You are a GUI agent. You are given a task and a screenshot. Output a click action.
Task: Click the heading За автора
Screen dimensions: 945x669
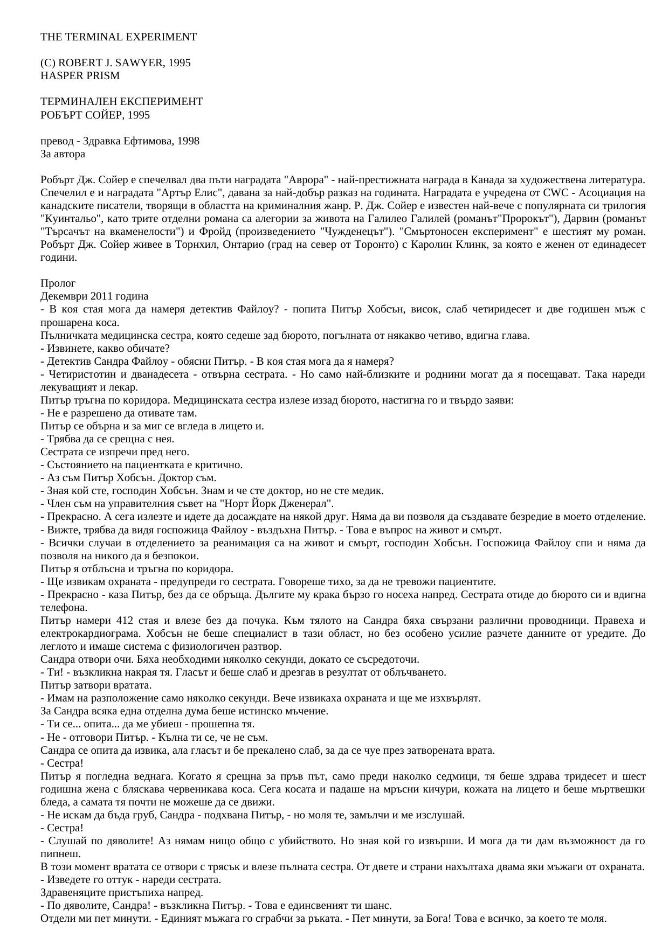(63, 154)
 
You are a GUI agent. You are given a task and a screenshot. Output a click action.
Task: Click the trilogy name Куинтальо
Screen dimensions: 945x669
(65, 219)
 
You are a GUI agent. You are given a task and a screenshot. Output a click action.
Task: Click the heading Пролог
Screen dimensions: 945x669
(58, 283)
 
